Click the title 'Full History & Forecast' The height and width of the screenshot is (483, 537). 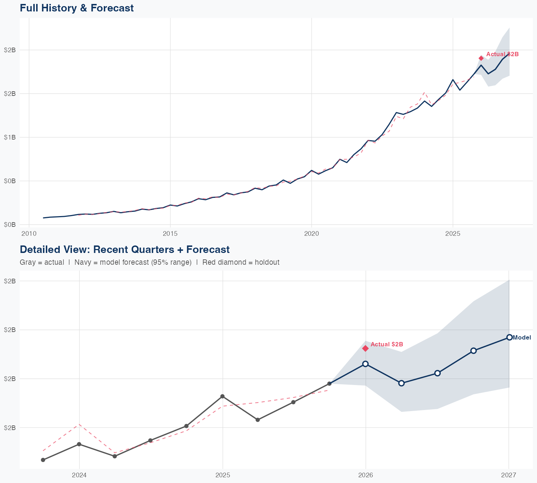(x=77, y=8)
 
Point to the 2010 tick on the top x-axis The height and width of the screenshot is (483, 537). (x=29, y=234)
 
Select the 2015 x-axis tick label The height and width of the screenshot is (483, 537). (x=170, y=234)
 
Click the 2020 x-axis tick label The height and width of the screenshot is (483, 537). (x=311, y=234)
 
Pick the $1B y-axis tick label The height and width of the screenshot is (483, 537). (x=10, y=137)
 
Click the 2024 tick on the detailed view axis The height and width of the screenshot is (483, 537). (x=79, y=475)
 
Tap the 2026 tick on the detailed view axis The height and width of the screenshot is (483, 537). (x=366, y=475)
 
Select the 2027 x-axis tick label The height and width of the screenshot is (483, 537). (x=508, y=475)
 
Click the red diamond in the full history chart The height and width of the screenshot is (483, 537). (x=481, y=58)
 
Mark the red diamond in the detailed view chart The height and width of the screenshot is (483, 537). (x=366, y=348)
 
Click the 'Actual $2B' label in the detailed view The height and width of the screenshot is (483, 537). (x=387, y=344)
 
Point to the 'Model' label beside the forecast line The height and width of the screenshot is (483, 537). (x=522, y=337)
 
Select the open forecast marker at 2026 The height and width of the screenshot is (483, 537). (x=366, y=364)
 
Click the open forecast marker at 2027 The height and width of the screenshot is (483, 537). (x=509, y=337)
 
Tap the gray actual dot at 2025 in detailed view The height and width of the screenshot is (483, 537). (x=222, y=396)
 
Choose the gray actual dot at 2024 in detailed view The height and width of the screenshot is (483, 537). (x=79, y=444)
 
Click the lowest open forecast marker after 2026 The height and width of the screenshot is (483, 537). (x=401, y=383)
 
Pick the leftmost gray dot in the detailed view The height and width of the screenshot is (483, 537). (x=43, y=460)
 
